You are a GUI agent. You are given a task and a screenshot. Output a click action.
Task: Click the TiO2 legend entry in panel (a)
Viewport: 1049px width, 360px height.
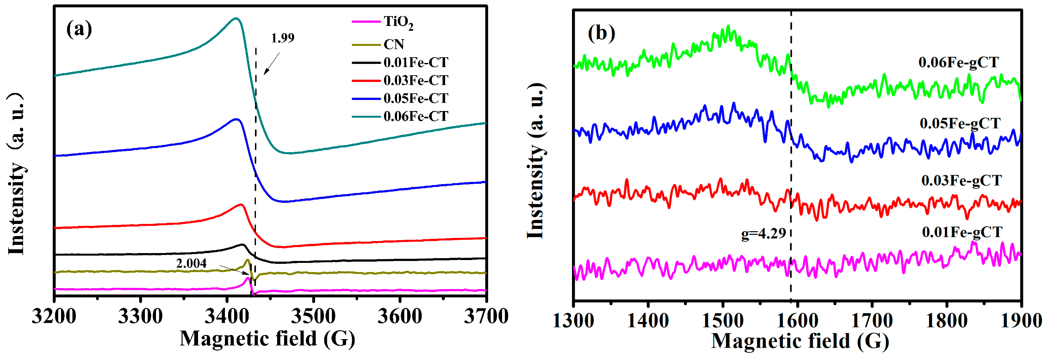point(398,22)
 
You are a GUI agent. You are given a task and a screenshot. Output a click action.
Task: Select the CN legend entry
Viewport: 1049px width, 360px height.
point(394,44)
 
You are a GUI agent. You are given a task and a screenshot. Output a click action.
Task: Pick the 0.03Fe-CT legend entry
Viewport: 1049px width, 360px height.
point(415,81)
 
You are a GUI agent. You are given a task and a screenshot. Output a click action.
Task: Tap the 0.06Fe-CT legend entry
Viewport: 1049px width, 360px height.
point(415,116)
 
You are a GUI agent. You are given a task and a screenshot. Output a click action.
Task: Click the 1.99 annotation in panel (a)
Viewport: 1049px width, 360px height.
point(282,38)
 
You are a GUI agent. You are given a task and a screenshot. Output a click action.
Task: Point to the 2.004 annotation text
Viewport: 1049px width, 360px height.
point(191,264)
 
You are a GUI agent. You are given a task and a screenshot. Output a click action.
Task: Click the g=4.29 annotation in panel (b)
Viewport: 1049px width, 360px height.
point(763,234)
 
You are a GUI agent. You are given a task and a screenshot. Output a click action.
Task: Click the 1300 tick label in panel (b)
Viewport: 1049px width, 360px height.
point(573,321)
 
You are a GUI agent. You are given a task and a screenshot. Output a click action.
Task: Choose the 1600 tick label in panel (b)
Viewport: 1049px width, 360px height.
point(797,321)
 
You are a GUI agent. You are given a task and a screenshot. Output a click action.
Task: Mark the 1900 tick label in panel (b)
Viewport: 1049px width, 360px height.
point(1021,321)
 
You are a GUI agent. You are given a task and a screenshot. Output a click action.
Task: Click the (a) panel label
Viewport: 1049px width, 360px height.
point(79,29)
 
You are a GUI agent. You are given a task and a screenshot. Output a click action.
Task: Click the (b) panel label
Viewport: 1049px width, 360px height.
point(601,34)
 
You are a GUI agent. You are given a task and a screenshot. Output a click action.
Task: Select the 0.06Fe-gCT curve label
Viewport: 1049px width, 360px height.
point(958,63)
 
